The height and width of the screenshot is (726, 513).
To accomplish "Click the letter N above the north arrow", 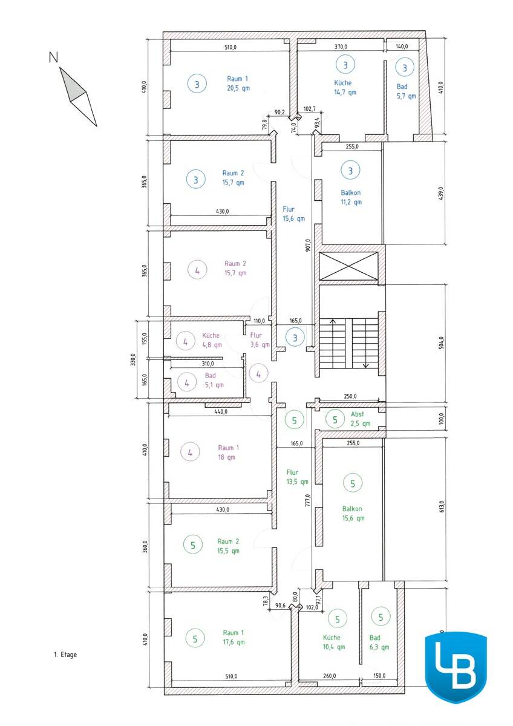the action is point(53,57).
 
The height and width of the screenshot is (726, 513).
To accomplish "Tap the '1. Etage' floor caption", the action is point(65,655).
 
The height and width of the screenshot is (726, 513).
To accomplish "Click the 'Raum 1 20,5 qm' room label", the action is point(238,83).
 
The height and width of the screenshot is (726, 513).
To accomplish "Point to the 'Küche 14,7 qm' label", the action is point(345,88).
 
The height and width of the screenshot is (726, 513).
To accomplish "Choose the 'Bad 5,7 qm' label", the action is point(406,91).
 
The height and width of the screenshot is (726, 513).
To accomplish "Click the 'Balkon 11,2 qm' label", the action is point(351,197).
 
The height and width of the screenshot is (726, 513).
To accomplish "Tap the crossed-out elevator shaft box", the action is point(348,266).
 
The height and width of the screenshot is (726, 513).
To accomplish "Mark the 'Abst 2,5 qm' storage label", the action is point(361,419).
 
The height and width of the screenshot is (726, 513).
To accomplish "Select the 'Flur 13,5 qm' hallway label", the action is point(297,477).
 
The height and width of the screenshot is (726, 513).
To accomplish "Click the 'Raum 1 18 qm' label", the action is point(229,453).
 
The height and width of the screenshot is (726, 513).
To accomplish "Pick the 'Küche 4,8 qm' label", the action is point(212,340).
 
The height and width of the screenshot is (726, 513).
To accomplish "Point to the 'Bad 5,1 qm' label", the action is point(214,380).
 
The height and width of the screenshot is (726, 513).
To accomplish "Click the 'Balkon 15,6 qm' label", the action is point(353,514).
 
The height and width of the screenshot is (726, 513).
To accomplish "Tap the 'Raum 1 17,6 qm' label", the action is point(234,637).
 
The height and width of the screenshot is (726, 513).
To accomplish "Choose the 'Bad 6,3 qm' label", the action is point(379,643).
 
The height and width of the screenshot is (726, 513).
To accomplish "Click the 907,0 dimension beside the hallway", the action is point(308,245).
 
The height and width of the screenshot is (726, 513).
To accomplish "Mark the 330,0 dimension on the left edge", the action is point(133,360).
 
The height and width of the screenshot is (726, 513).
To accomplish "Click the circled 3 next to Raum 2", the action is point(196,179).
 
